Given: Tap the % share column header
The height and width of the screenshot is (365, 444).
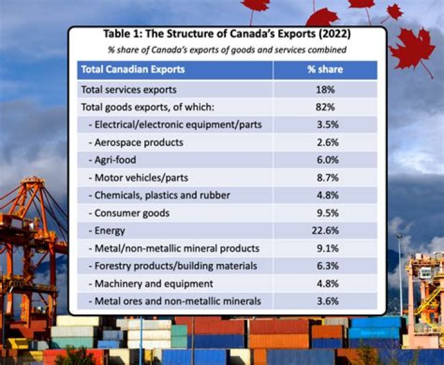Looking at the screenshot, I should (325, 70).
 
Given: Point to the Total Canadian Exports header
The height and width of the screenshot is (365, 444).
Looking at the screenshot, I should (133, 70).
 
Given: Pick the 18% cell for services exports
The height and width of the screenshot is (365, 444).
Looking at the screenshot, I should (325, 89).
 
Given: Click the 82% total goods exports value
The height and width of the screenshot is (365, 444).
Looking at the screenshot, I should (325, 107).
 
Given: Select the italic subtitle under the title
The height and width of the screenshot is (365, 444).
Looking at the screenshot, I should (226, 49).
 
